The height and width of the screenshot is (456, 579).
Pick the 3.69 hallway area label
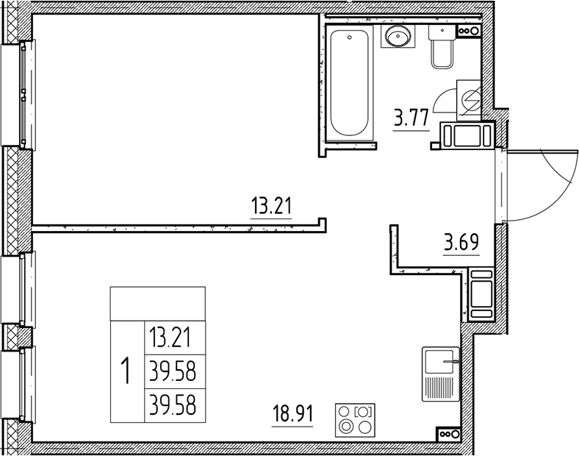coord(461,241)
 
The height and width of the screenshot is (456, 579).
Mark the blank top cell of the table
coord(157,303)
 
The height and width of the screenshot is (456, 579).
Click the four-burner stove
coord(355,420)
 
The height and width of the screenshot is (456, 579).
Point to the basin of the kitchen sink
coord(440,360)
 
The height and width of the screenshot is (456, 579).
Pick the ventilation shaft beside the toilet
coord(467,31)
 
